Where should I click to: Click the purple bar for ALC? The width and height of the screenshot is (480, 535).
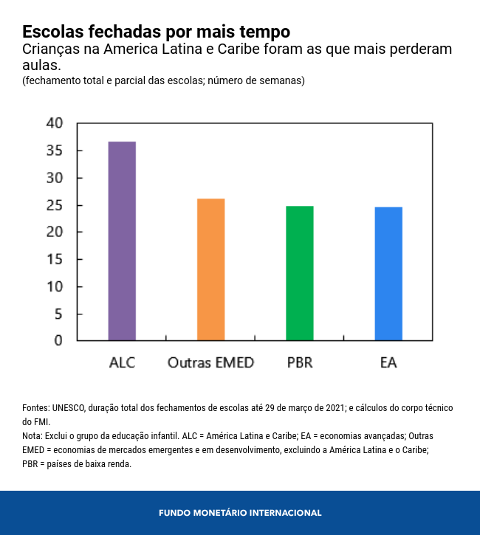pyautogui.click(x=122, y=241)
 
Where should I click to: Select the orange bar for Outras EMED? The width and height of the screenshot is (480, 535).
pyautogui.click(x=210, y=269)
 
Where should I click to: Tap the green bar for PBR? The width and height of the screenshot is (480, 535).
pyautogui.click(x=300, y=273)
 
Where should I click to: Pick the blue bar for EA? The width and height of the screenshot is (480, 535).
pyautogui.click(x=388, y=274)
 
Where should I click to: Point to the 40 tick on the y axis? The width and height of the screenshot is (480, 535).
pyautogui.click(x=55, y=123)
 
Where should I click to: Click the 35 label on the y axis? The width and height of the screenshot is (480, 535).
pyautogui.click(x=55, y=151)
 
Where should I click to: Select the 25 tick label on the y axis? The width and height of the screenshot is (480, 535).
pyautogui.click(x=55, y=205)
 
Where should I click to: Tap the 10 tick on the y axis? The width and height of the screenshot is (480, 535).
pyautogui.click(x=55, y=286)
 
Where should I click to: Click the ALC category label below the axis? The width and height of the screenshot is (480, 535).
pyautogui.click(x=122, y=362)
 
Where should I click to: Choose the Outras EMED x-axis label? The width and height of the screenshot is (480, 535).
pyautogui.click(x=210, y=362)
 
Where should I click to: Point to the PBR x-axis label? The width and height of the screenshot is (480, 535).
pyautogui.click(x=300, y=362)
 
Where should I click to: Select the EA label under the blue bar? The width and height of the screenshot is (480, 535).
pyautogui.click(x=388, y=362)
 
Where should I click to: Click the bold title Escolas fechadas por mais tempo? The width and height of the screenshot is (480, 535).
pyautogui.click(x=156, y=32)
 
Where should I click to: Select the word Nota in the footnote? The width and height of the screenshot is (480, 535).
pyautogui.click(x=32, y=435)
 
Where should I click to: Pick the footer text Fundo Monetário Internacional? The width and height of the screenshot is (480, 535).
pyautogui.click(x=240, y=512)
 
